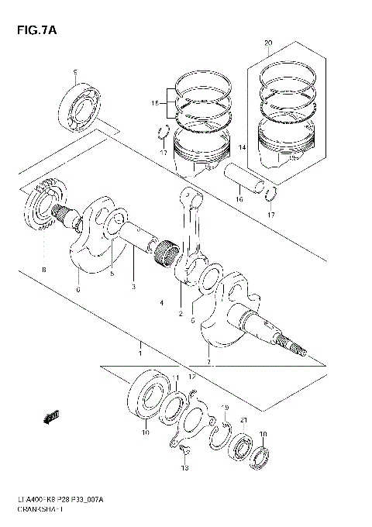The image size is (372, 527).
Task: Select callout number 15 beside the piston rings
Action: coord(155,103)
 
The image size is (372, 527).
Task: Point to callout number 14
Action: coord(241,147)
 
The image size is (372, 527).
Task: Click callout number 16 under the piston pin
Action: coord(239,199)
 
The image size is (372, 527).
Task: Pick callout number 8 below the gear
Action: coord(44,269)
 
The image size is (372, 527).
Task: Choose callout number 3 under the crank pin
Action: coord(133,286)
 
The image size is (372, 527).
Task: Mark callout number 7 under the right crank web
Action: coord(208,360)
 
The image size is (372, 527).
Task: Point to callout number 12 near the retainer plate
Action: coord(193,377)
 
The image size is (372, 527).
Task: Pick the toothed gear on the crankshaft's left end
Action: coord(42,208)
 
